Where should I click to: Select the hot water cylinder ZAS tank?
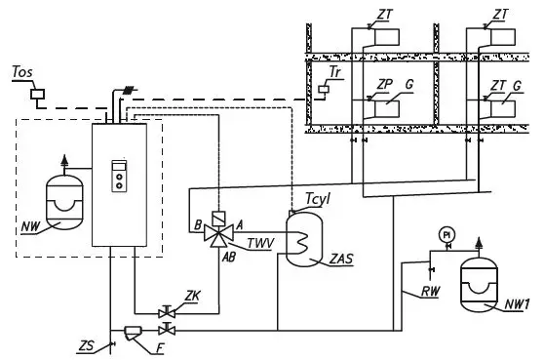(x=304, y=240)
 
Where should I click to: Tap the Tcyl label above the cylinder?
(x=318, y=200)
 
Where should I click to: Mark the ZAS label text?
(x=341, y=260)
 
